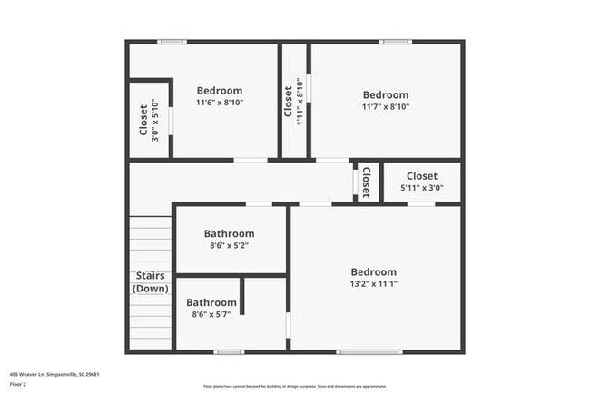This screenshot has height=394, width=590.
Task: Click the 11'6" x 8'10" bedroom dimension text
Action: [x=220, y=103]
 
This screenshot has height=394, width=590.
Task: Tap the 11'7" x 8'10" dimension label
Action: [x=386, y=106]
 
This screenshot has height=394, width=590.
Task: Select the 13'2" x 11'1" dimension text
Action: [x=374, y=284]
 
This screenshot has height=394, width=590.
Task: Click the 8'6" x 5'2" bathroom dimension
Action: [x=229, y=245]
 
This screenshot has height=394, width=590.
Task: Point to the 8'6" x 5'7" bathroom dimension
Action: [x=211, y=314]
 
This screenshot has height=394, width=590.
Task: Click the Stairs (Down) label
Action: [x=151, y=282]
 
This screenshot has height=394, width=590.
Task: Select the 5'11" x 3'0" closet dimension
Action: [x=422, y=189]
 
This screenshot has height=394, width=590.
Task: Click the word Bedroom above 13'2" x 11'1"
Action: [x=374, y=272]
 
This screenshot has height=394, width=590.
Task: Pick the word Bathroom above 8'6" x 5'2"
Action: [x=229, y=233]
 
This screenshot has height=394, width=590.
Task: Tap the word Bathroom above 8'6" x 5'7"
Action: [x=211, y=302]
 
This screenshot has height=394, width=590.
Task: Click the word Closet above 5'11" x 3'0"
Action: [x=422, y=176]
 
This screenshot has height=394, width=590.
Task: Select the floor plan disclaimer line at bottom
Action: [x=294, y=385]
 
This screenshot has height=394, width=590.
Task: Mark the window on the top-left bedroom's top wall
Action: [x=172, y=41]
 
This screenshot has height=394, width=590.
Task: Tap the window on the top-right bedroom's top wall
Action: [x=395, y=41]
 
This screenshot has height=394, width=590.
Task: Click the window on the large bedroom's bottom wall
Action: [x=369, y=351]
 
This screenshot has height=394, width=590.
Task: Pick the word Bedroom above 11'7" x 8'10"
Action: [x=386, y=94]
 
